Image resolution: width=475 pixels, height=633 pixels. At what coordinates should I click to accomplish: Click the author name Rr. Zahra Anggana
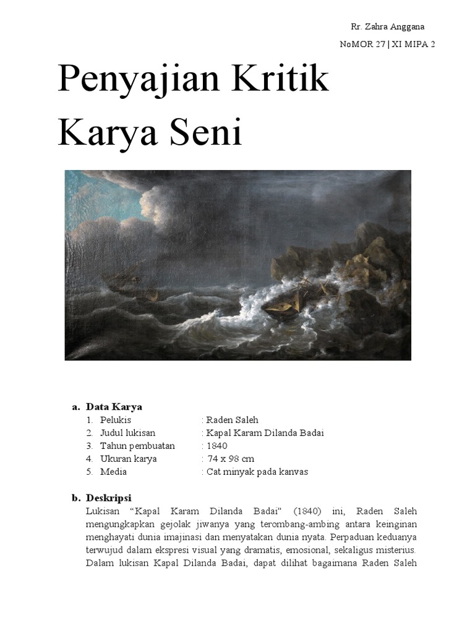click(x=388, y=27)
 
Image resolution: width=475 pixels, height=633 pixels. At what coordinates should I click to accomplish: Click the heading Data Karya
click(x=114, y=407)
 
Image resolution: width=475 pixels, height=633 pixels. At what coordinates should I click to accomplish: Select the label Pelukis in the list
click(x=115, y=420)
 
